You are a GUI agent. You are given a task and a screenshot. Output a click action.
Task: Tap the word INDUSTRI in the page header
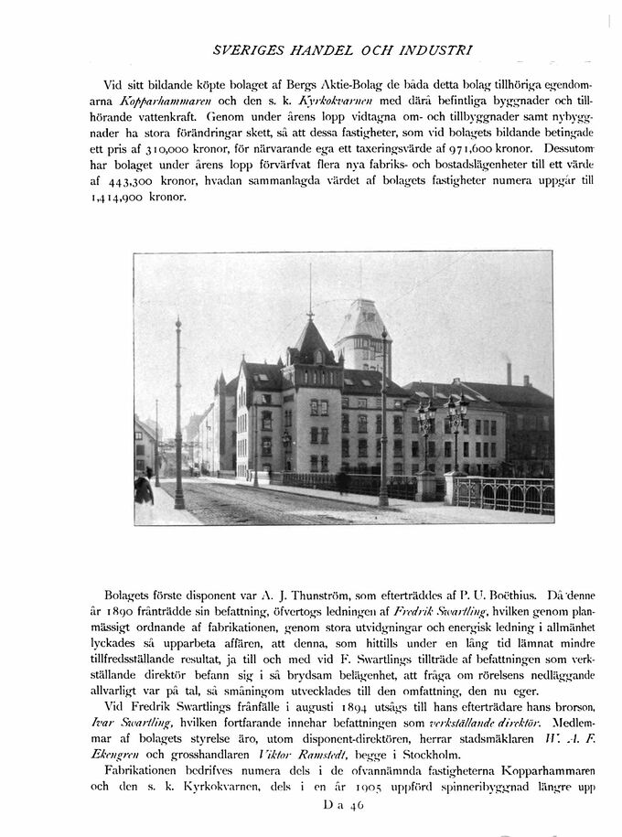click(x=436, y=47)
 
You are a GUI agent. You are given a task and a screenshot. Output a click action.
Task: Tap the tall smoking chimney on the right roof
click(x=509, y=371)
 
